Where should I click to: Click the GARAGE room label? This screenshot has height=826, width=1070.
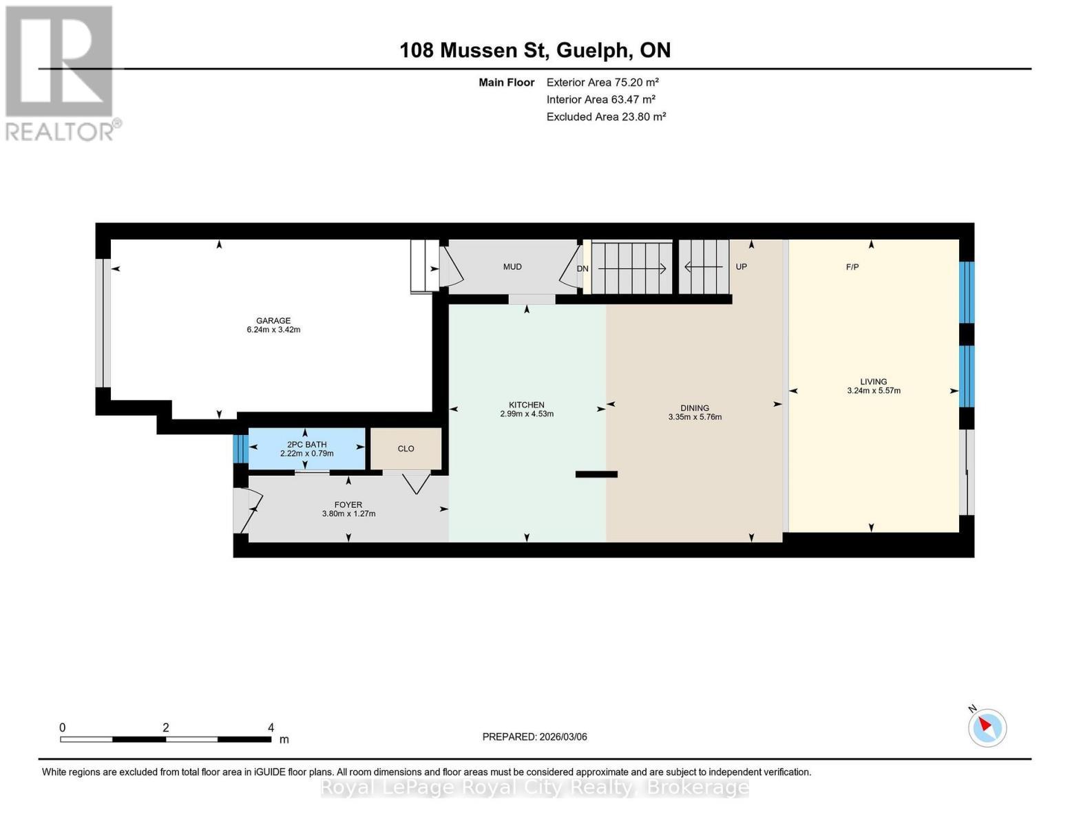[273, 320]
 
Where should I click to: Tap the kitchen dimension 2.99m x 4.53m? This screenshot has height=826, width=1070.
[527, 414]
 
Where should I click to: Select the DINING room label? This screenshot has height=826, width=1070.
[695, 408]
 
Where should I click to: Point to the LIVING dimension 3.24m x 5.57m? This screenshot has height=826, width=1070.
[874, 391]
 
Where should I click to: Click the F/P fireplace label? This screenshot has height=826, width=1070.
[852, 267]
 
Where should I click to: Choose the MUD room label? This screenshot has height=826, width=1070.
[512, 267]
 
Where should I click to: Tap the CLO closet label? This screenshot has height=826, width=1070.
[406, 449]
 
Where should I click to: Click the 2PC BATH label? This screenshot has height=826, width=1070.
[307, 445]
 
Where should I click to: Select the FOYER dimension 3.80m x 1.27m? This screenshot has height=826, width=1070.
[348, 514]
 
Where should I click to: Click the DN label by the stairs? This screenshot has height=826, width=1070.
[583, 269]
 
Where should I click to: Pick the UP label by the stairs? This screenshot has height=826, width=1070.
[741, 267]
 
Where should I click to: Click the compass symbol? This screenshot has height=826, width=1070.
[987, 727]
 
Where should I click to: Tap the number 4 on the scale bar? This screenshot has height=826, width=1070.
[271, 728]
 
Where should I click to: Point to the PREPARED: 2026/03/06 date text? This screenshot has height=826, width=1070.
[535, 737]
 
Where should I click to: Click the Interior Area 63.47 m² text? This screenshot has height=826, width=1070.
[600, 99]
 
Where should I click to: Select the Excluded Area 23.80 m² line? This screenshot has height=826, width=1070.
[606, 117]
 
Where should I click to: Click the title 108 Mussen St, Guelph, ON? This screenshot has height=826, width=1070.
[535, 50]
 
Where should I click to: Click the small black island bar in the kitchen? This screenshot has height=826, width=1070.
[596, 474]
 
